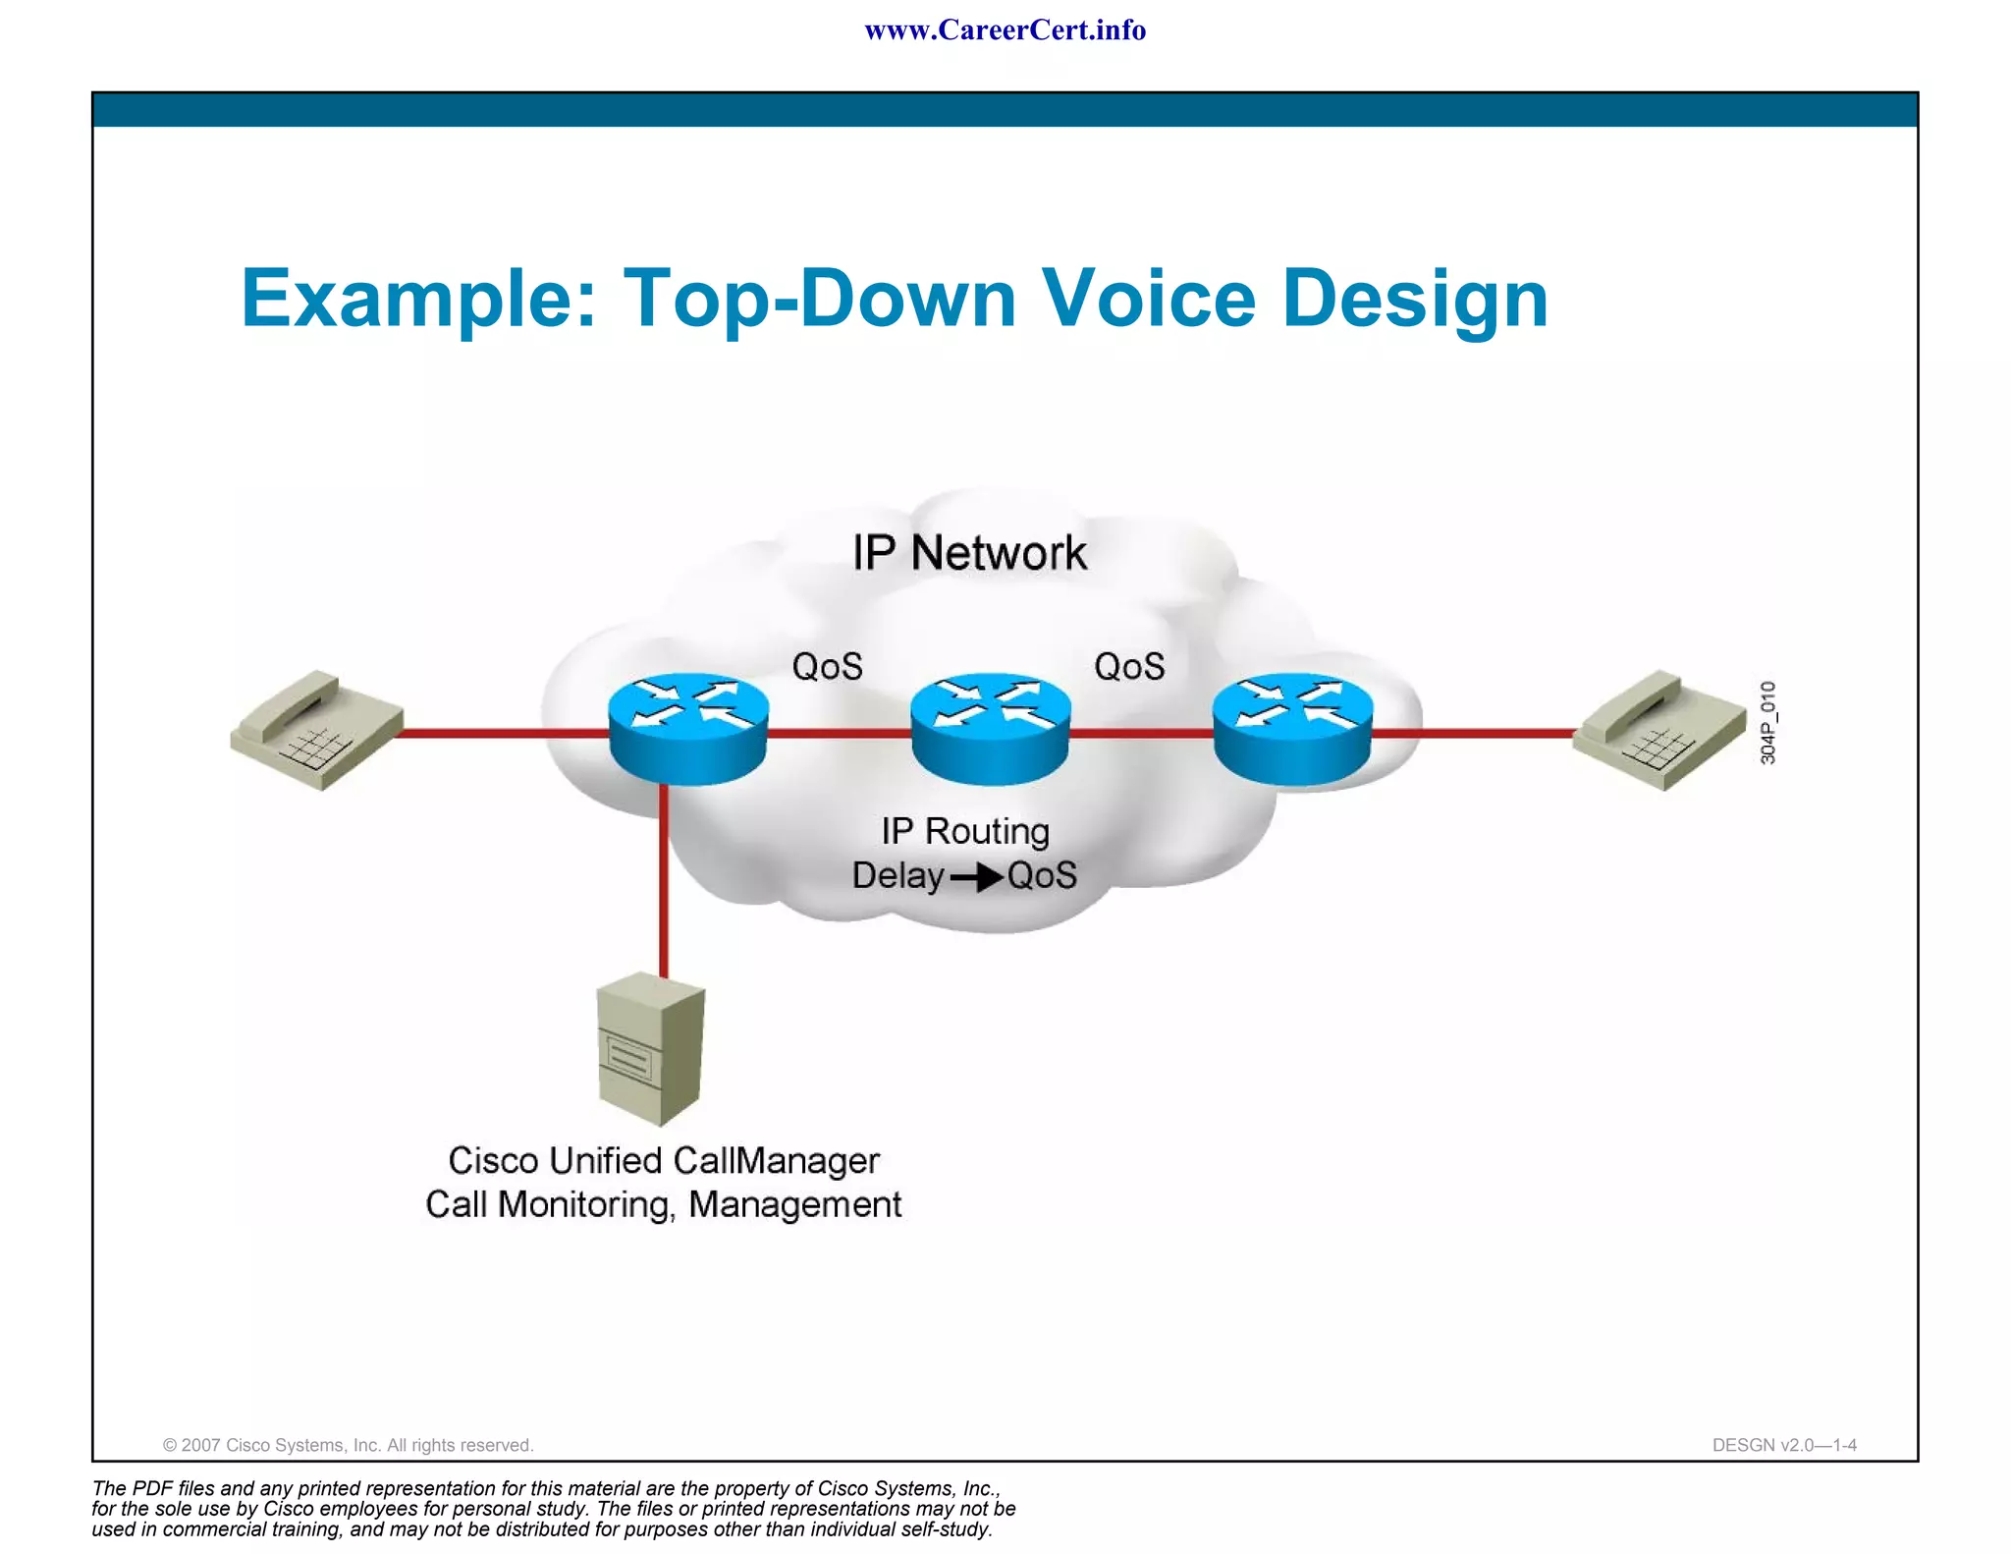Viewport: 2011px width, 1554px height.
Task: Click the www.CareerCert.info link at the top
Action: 1005,30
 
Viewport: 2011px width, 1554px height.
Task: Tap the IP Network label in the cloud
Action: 969,553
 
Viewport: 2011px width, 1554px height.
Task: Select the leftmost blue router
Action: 687,728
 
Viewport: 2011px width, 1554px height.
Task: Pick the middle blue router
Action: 990,728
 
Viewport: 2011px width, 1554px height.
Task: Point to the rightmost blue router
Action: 1292,728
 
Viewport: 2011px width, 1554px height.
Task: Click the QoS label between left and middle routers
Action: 827,667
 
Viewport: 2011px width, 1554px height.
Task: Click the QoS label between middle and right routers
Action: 1129,667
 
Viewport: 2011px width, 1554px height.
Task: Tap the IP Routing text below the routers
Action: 965,831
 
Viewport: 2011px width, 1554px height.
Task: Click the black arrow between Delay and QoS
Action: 976,876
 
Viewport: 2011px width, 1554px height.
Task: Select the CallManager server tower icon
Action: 651,1049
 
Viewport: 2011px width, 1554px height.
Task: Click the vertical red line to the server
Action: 664,884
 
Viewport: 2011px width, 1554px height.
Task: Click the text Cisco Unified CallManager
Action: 664,1160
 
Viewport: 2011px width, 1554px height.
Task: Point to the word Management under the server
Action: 794,1204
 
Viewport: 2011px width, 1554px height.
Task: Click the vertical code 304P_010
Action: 1767,723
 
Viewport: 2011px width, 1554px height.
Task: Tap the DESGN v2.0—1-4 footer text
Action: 1783,1445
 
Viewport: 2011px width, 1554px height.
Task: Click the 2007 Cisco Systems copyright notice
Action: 348,1445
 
